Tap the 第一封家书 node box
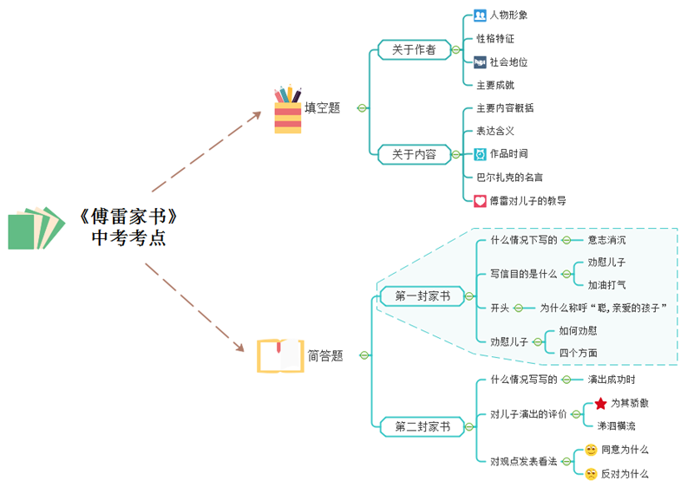tap(422, 296)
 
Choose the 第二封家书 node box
tap(422, 426)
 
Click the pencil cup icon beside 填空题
tap(288, 109)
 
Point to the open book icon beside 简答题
tap(280, 356)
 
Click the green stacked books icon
tap(36, 228)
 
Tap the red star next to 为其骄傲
tap(600, 403)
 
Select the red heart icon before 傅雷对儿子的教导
tap(480, 200)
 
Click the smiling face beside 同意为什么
tap(591, 450)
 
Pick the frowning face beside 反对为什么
tap(591, 474)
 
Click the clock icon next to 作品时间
tap(480, 153)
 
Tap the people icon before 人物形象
tap(480, 15)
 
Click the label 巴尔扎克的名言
tap(509, 177)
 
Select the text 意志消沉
tap(606, 240)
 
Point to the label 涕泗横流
tap(616, 426)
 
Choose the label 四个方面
tap(578, 353)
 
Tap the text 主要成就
tap(495, 85)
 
